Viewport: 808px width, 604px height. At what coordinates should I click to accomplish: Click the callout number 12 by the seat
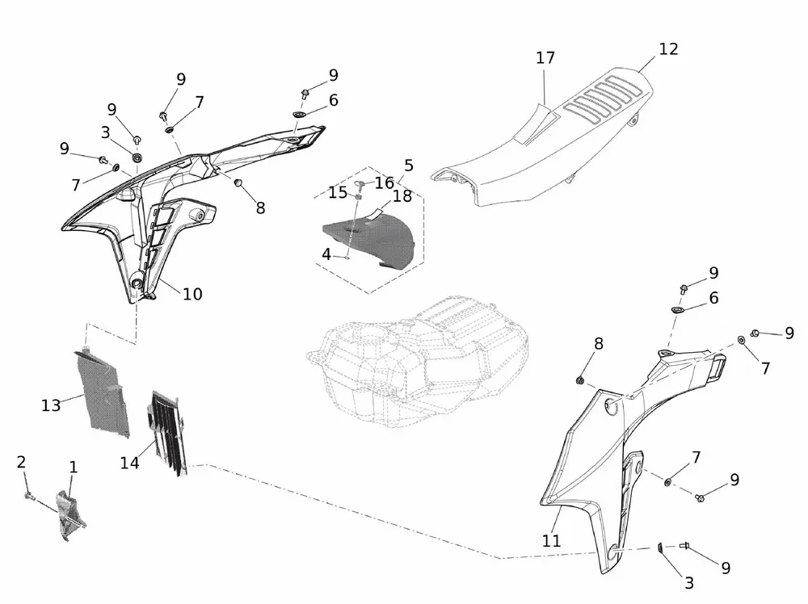668,49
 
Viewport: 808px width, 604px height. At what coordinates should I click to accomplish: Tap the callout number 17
545,58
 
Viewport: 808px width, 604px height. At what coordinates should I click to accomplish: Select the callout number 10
192,295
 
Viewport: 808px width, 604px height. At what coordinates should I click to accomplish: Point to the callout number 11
551,542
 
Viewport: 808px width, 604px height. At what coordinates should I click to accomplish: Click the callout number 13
51,405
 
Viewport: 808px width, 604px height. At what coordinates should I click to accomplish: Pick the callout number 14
129,463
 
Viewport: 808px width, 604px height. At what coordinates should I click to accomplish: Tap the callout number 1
74,467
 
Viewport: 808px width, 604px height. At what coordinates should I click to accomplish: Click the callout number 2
21,462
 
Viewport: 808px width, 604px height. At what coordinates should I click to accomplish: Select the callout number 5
409,166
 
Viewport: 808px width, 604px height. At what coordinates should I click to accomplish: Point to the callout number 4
326,254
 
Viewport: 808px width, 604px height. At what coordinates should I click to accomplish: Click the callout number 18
402,196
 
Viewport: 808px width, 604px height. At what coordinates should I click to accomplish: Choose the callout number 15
337,192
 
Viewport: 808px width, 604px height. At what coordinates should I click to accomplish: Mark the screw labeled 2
28,494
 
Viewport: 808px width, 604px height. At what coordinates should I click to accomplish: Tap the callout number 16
384,183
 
